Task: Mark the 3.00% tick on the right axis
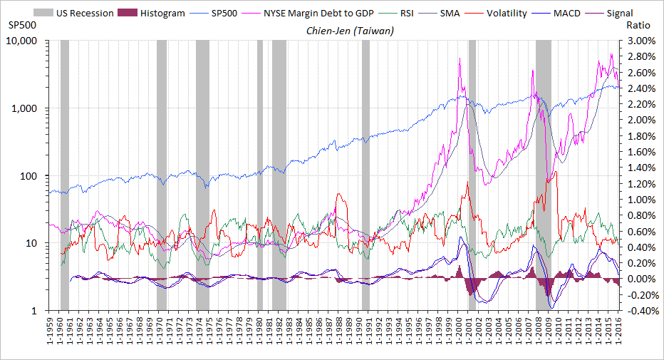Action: [640, 41]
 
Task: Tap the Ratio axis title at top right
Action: [636, 25]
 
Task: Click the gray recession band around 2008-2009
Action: [543, 178]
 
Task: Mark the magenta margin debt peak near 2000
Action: [460, 59]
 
